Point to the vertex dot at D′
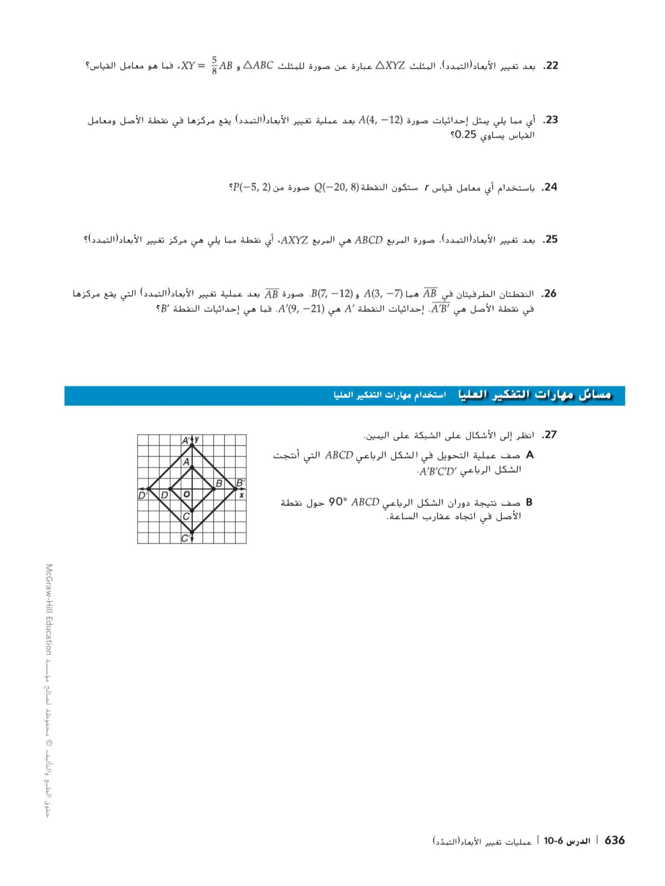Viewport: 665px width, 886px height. (x=149, y=489)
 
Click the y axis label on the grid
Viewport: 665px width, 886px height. (x=197, y=439)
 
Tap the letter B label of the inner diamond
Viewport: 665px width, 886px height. (x=219, y=483)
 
